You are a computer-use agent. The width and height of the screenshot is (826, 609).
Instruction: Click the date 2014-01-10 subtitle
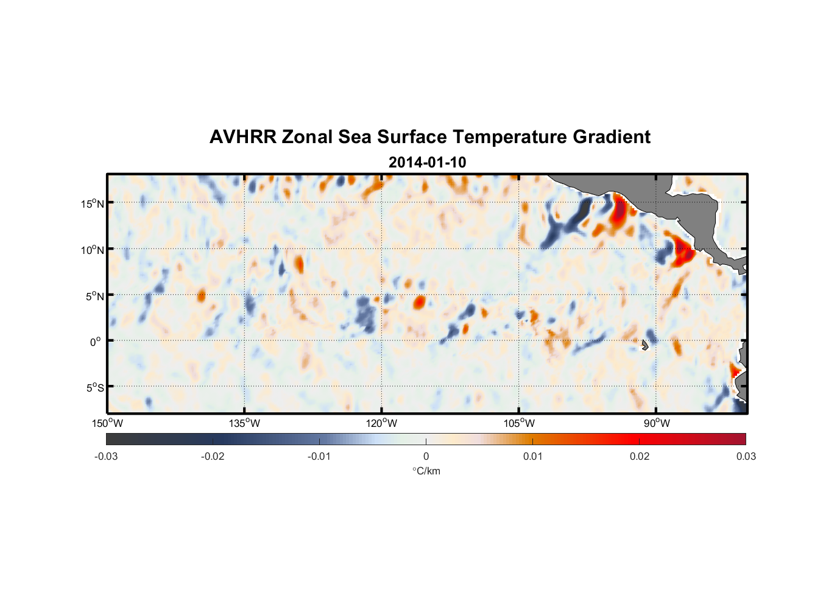tap(427, 163)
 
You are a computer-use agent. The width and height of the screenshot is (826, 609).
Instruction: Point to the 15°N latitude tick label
tap(93, 203)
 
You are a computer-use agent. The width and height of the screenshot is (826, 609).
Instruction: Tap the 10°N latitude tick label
tap(93, 250)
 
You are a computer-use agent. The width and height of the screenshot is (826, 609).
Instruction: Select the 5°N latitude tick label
tap(94, 296)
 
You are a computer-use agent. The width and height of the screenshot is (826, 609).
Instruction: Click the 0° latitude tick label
tap(96, 342)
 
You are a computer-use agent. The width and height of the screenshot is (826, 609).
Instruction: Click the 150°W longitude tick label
tap(107, 423)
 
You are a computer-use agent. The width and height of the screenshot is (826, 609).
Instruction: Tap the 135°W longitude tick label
tap(244, 423)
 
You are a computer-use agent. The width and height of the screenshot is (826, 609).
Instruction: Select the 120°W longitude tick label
tap(381, 423)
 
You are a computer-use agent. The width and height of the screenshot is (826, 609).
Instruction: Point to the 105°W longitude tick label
tap(519, 423)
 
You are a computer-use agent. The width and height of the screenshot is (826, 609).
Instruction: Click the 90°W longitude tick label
tap(657, 423)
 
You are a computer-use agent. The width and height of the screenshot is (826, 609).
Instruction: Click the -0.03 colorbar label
tap(106, 456)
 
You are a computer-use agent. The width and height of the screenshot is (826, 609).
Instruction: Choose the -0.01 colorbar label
tap(319, 456)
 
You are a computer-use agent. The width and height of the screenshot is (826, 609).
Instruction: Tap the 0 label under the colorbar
tap(426, 456)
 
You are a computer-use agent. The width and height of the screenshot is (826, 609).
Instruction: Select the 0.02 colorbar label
tap(640, 456)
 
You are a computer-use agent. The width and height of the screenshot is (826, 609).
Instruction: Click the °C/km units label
tap(426, 471)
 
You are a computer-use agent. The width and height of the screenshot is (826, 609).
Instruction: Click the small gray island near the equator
tap(644, 345)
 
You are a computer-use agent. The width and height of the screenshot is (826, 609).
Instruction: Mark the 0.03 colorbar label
tap(746, 456)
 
